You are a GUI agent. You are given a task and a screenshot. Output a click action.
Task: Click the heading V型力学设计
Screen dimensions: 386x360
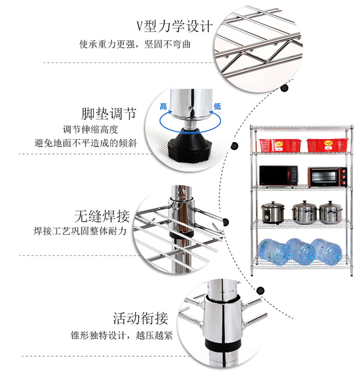point(174,25)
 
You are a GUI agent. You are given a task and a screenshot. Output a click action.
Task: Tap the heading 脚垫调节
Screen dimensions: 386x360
point(109,114)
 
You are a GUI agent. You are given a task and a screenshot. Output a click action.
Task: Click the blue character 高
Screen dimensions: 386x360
point(164,106)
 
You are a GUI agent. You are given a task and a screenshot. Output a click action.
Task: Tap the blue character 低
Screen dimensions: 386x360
point(217,106)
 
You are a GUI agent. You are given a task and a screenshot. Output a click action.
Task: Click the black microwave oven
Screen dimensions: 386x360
point(278,176)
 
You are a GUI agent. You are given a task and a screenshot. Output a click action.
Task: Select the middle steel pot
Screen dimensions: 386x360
point(304,212)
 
